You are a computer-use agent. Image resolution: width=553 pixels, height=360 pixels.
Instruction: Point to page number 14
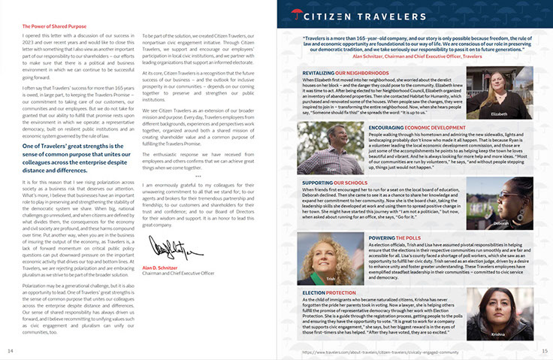tap(11, 351)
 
